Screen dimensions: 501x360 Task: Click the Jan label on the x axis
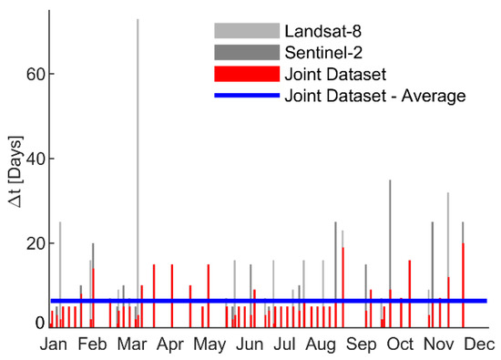[54, 345]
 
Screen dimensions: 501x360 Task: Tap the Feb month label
[92, 345]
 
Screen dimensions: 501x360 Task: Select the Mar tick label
[132, 345]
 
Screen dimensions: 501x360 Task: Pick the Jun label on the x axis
[250, 345]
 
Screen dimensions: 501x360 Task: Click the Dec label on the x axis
[479, 345]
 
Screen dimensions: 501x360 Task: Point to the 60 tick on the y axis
[36, 74]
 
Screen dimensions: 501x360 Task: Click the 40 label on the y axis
[36, 159]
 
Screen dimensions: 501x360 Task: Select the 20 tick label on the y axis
[36, 243]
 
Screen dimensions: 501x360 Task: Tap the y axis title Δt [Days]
[16, 172]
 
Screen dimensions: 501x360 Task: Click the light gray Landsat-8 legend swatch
[247, 31]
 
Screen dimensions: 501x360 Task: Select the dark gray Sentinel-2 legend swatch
[247, 53]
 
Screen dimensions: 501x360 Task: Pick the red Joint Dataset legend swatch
[247, 74]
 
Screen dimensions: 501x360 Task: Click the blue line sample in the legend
[247, 96]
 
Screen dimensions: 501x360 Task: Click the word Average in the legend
[434, 97]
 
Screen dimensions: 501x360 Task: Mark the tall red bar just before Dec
[463, 285]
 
